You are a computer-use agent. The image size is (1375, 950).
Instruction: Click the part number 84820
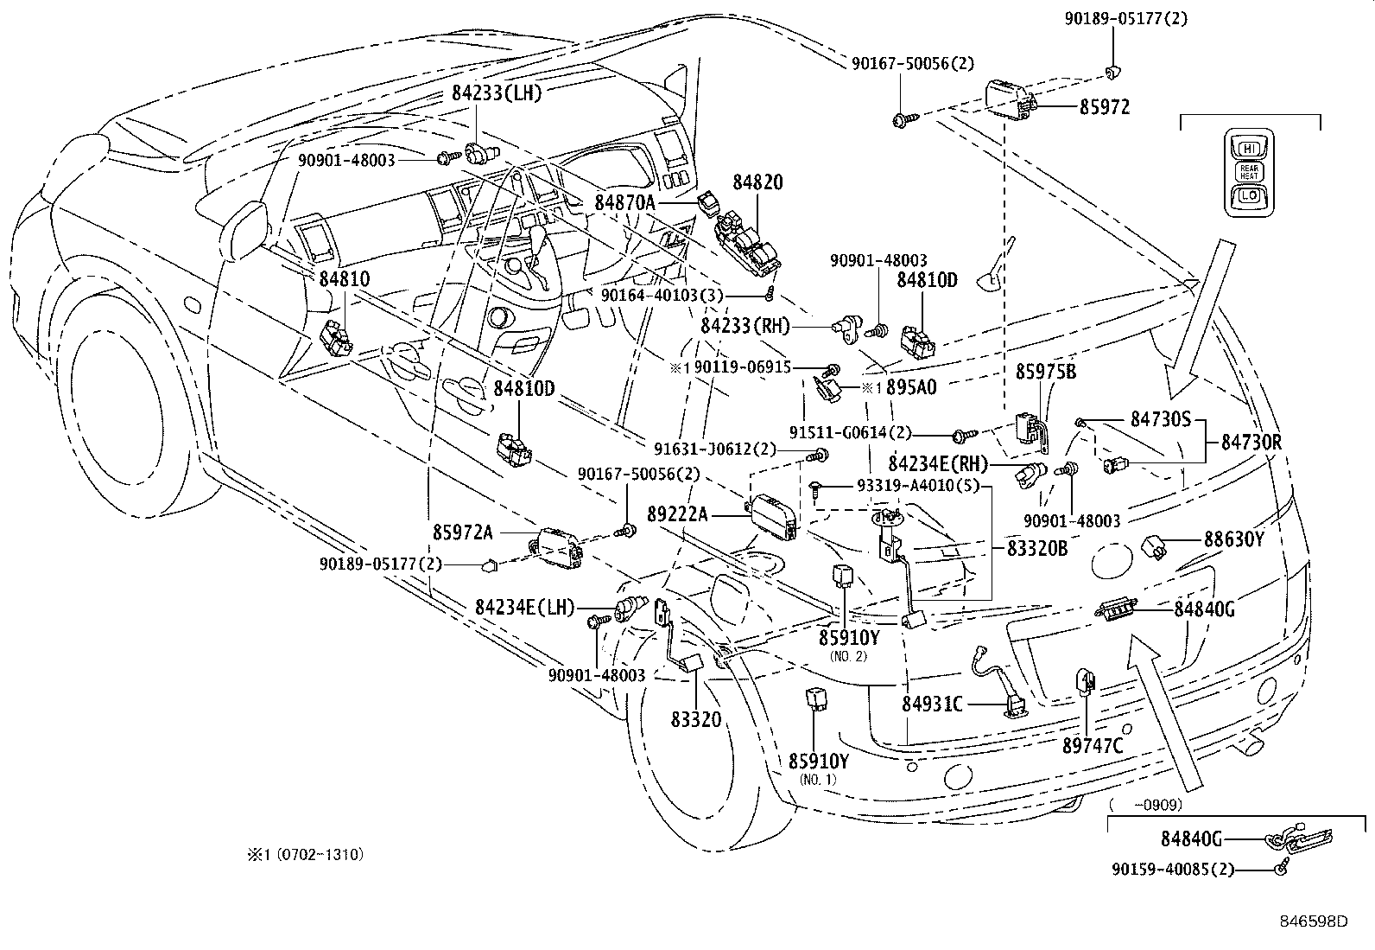coord(757,182)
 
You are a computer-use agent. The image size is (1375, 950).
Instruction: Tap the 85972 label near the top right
coord(1104,108)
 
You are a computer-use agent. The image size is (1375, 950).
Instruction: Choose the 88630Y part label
coord(1234,540)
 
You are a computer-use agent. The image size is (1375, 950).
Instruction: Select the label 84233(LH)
coord(496,93)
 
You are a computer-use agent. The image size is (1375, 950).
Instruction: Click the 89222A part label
coord(677,515)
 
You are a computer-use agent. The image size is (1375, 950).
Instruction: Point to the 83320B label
coord(1037,548)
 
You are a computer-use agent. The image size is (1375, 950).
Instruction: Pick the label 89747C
coord(1093,745)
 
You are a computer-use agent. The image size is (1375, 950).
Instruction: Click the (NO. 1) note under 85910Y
coord(818,780)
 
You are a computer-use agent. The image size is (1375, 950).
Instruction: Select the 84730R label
coord(1251,443)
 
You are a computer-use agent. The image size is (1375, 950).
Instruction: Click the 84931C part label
coord(932,705)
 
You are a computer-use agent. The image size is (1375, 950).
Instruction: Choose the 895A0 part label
coord(911,388)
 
